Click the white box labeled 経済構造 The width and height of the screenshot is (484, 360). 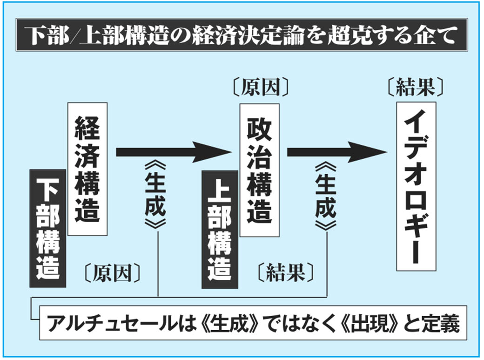coord(87,169)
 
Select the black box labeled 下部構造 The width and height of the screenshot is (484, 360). coord(48,227)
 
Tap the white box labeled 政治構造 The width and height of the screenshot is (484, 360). coord(259,170)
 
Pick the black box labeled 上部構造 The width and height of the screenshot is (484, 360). coord(219,229)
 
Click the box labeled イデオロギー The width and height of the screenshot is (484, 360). coord(416,186)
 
